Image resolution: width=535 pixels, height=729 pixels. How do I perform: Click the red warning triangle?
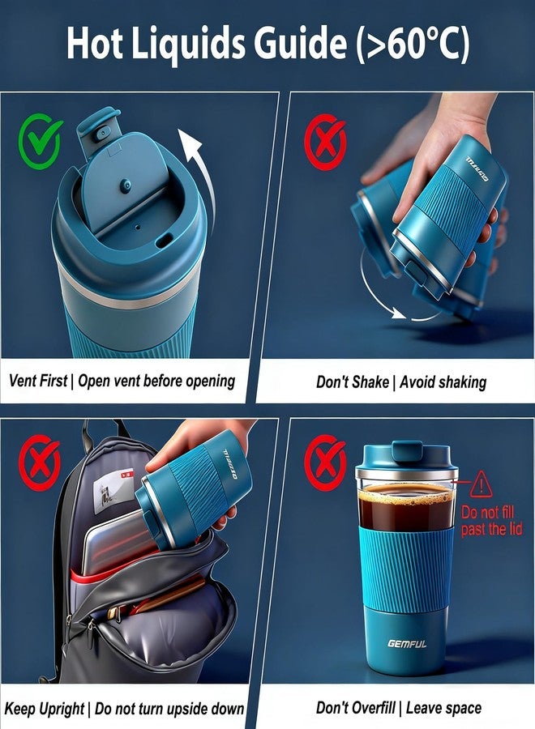click(481, 484)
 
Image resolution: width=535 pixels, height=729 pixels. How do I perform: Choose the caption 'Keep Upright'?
click(45, 708)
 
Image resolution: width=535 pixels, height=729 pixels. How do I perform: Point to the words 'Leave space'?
click(443, 708)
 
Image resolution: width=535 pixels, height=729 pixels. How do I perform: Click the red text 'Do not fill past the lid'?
click(491, 521)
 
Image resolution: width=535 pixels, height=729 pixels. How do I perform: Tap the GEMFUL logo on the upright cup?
click(406, 645)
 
